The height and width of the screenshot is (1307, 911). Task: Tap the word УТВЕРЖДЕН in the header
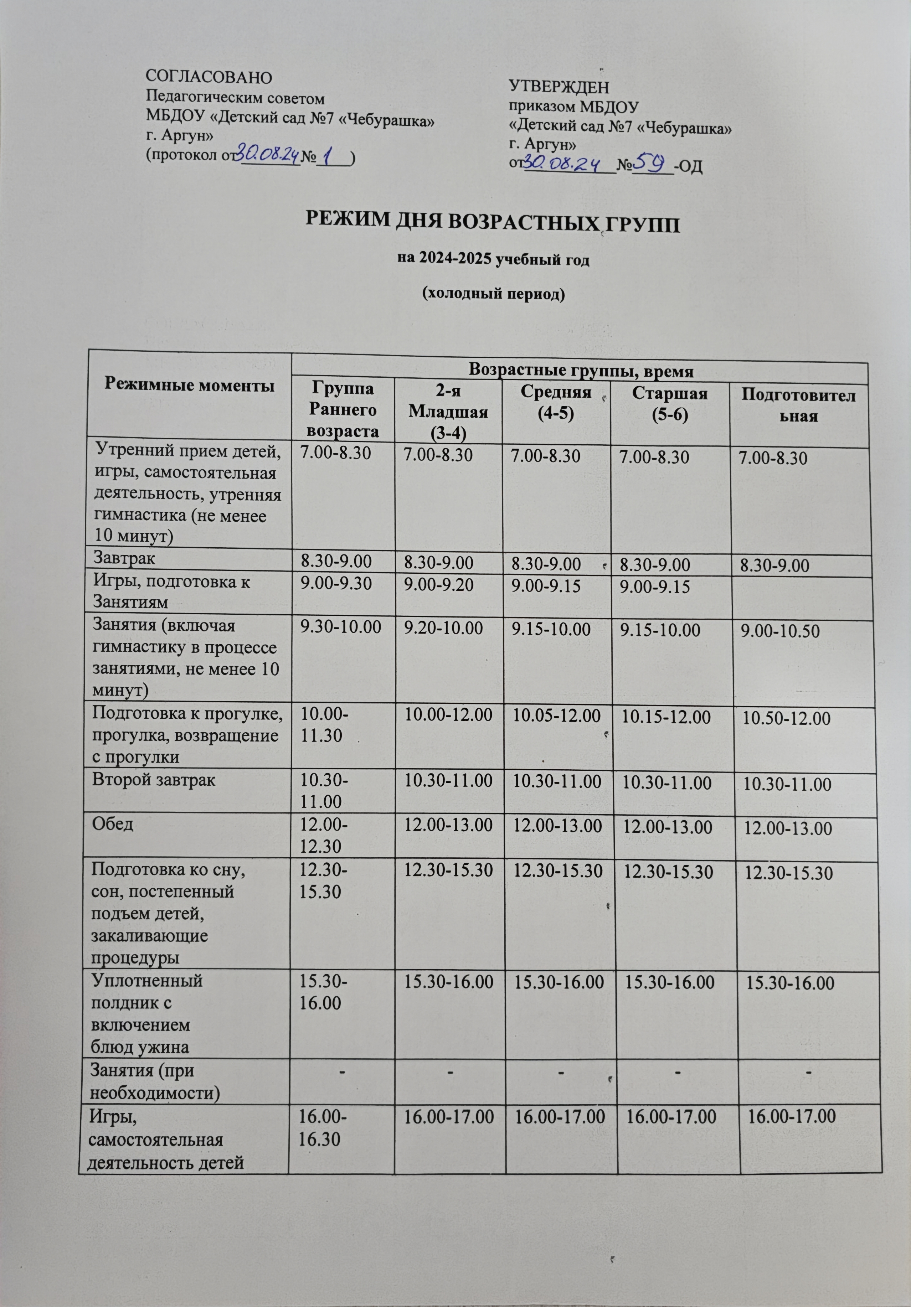(x=558, y=88)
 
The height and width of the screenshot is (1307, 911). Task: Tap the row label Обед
(x=113, y=824)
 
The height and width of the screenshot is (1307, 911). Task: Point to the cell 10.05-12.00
(x=557, y=716)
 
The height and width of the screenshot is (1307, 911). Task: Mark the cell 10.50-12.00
(x=786, y=718)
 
